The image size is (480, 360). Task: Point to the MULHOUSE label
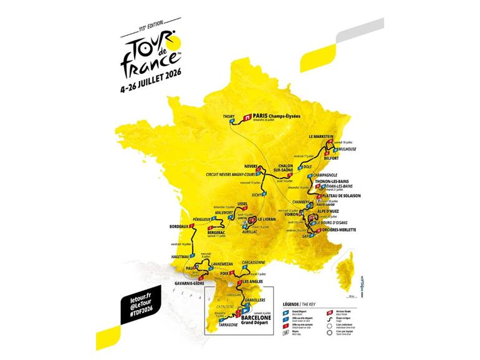click(x=345, y=150)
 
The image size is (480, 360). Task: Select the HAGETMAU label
click(x=181, y=256)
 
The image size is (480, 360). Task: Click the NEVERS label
click(x=251, y=166)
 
